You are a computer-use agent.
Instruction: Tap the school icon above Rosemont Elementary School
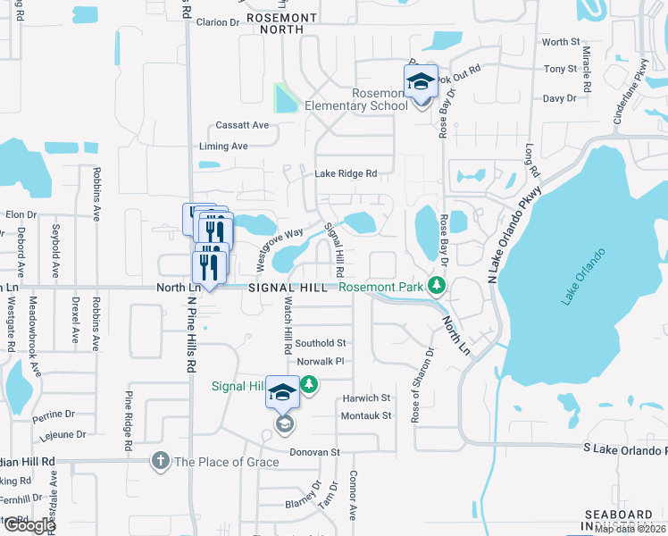click(421, 82)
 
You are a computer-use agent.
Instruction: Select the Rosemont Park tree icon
click(437, 286)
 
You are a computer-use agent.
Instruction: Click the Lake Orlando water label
click(584, 277)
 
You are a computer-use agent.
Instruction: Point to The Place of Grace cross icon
click(160, 461)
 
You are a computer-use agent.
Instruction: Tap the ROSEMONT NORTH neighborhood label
click(281, 23)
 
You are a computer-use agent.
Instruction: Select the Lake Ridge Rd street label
click(345, 173)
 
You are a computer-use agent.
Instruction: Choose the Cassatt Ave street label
click(242, 126)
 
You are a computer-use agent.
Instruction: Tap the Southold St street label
click(321, 343)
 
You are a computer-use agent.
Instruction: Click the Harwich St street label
click(366, 398)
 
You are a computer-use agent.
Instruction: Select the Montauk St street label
click(366, 416)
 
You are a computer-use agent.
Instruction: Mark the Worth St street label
click(561, 42)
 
